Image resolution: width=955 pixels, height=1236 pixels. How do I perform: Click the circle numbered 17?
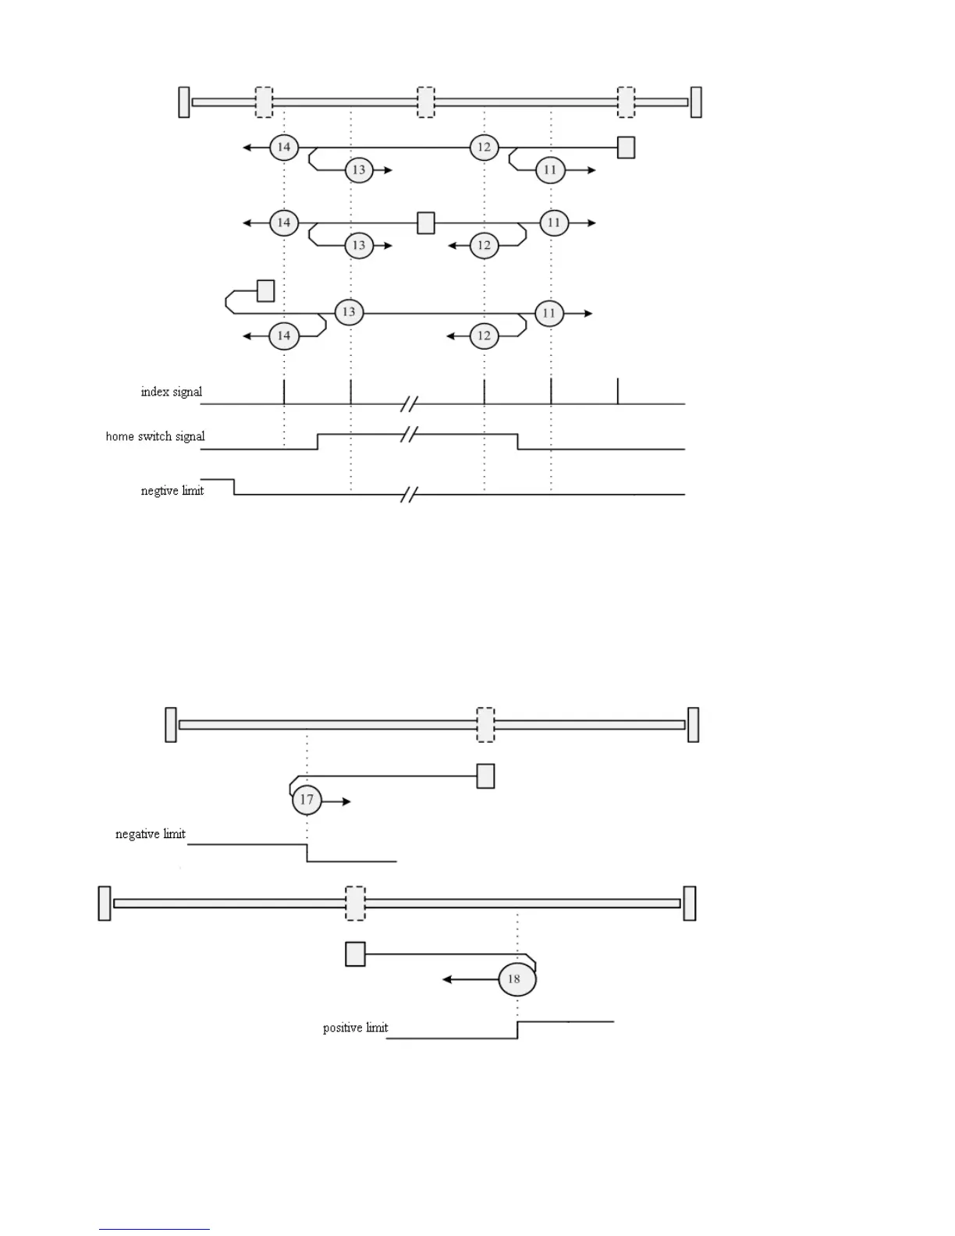point(307,799)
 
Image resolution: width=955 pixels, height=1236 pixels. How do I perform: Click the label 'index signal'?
point(171,392)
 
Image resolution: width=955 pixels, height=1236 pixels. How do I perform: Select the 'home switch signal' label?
point(155,436)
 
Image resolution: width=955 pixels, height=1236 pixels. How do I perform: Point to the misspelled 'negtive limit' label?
point(172,491)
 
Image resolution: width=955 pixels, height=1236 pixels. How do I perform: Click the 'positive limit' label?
point(355,1028)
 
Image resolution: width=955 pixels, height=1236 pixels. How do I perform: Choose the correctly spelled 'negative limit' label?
point(151,834)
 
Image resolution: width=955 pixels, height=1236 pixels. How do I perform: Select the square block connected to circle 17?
point(485,776)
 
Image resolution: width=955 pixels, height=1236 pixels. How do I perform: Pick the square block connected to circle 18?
point(355,954)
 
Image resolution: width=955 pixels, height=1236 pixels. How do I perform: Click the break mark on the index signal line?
point(410,403)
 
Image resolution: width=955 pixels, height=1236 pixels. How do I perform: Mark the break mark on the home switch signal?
point(410,434)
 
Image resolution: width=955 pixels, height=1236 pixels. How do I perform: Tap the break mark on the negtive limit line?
point(410,494)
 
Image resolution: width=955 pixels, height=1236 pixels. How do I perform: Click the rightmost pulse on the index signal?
point(618,391)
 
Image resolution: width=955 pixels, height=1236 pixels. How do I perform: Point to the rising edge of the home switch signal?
point(318,442)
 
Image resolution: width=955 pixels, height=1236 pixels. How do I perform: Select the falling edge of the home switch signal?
point(518,442)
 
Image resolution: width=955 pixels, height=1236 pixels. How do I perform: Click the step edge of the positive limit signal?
point(517,1029)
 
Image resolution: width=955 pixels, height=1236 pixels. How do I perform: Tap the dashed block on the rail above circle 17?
point(485,724)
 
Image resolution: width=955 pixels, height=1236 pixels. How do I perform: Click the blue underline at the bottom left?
point(154,1230)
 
